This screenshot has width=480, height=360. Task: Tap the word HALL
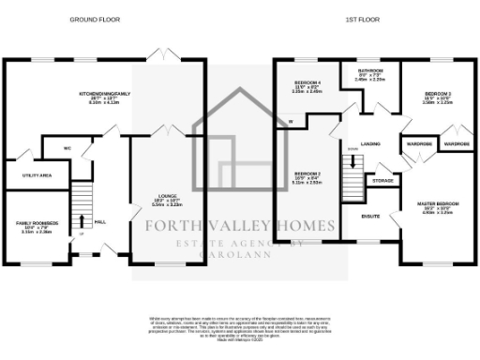coord(100,221)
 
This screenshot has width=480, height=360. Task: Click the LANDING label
coord(369,142)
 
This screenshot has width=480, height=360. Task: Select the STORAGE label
coord(382,180)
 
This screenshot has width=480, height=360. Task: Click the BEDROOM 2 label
coord(307,175)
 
